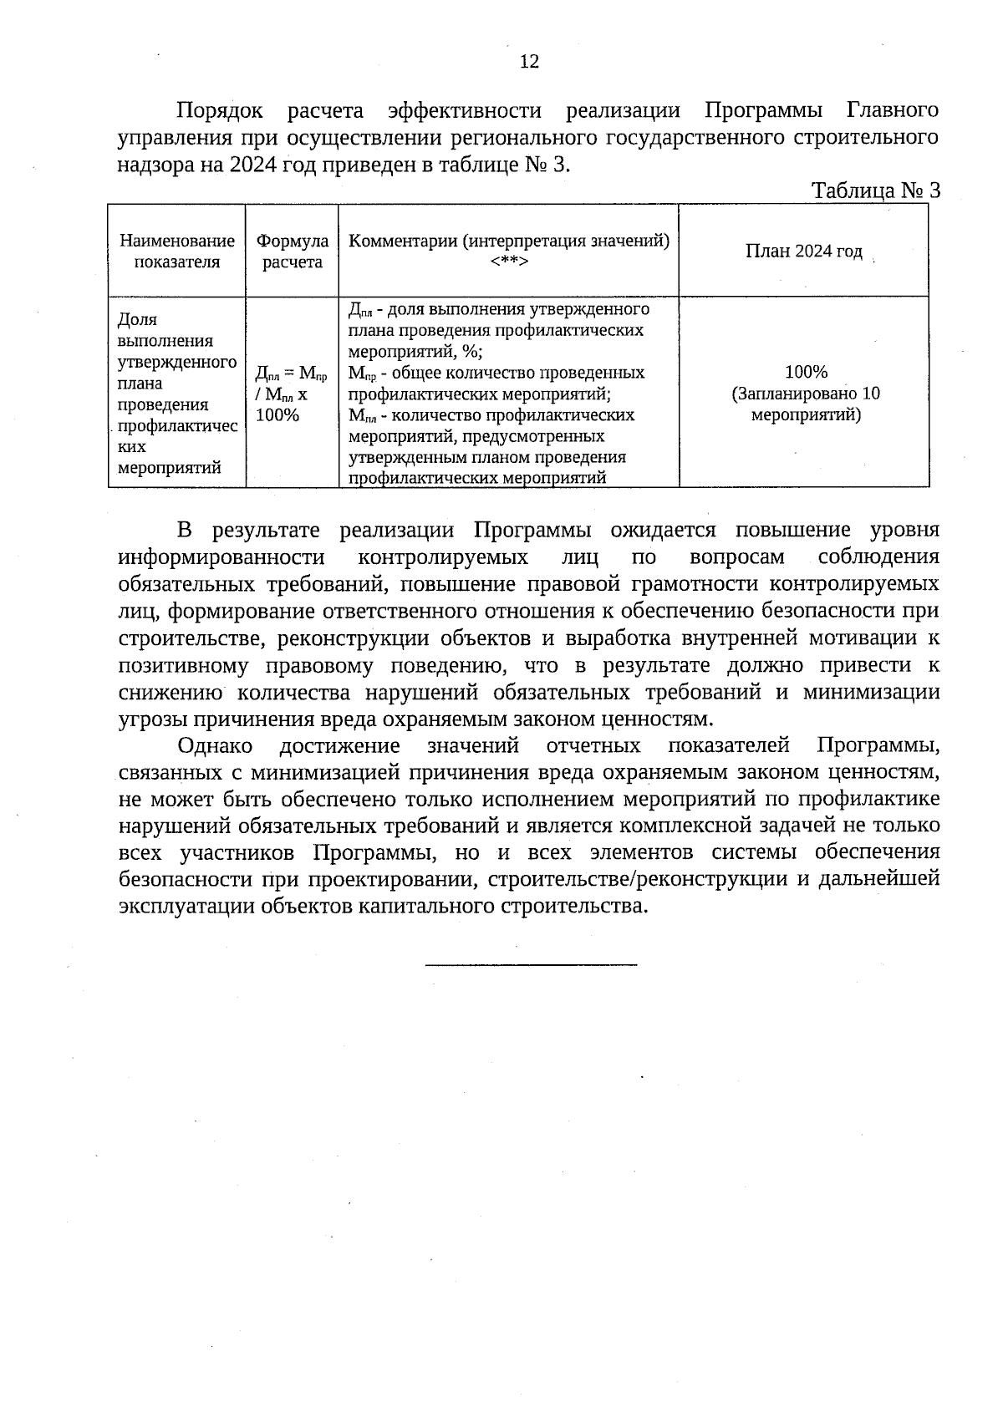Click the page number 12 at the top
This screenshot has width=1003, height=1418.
[529, 62]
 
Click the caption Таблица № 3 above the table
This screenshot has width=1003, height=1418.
[876, 191]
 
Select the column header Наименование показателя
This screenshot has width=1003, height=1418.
[177, 252]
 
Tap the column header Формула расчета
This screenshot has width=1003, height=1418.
[293, 252]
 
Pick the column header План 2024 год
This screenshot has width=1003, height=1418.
[803, 252]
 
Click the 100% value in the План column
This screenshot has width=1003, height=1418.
[806, 372]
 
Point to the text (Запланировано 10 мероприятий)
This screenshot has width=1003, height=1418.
[806, 404]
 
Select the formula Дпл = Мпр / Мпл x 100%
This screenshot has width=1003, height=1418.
[290, 393]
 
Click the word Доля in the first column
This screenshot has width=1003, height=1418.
[138, 320]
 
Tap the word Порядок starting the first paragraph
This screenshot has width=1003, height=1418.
[220, 111]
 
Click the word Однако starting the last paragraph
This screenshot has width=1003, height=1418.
[215, 745]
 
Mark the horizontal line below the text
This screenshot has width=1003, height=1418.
[531, 965]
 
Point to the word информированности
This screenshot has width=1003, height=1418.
[221, 557]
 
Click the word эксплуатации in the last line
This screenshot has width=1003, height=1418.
[186, 907]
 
